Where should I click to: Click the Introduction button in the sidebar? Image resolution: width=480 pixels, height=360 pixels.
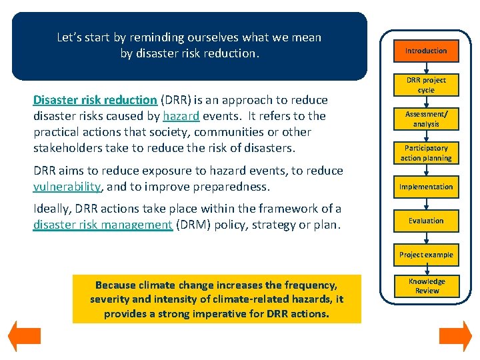(426, 51)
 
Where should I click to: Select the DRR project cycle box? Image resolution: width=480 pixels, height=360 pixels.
(426, 85)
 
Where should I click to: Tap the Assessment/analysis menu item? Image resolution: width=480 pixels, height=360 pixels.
(426, 119)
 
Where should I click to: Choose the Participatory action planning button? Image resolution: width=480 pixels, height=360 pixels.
(426, 153)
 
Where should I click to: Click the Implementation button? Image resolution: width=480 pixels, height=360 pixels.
(426, 187)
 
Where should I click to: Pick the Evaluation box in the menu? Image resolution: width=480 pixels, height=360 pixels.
(426, 221)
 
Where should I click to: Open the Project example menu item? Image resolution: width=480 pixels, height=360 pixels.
(426, 255)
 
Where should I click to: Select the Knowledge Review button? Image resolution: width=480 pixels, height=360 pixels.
(427, 286)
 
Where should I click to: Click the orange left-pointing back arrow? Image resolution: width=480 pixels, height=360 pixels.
(24, 336)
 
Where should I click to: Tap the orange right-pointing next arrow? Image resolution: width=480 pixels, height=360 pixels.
(455, 336)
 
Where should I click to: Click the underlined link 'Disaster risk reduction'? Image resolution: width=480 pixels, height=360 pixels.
(95, 100)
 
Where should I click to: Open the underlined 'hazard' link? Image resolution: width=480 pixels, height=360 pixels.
(181, 116)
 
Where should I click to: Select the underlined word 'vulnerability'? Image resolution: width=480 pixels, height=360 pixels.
(67, 187)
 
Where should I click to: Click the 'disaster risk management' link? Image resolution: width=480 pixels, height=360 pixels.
(103, 225)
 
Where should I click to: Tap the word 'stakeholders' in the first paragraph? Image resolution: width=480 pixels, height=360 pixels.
(67, 147)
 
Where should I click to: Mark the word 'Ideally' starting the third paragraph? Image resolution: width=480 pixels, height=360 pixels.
(51, 209)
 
